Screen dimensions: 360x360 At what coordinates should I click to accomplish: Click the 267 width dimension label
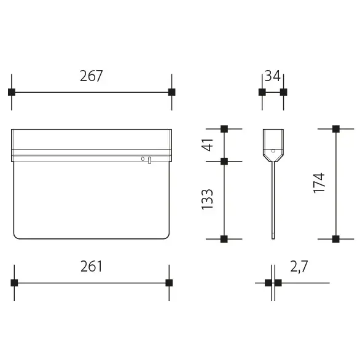(91, 76)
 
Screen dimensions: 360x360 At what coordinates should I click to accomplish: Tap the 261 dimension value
(91, 267)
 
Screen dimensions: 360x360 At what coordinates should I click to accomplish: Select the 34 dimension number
(273, 76)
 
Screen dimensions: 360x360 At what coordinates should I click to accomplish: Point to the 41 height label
(207, 145)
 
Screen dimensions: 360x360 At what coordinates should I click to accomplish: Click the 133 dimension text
(207, 200)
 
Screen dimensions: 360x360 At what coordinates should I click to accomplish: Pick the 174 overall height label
(319, 183)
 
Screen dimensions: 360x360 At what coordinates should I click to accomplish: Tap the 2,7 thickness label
(299, 267)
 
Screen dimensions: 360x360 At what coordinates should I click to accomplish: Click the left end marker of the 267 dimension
(12, 92)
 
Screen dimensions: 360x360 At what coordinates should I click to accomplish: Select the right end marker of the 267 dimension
(172, 92)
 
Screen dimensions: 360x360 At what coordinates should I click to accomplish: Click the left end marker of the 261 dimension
(14, 283)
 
